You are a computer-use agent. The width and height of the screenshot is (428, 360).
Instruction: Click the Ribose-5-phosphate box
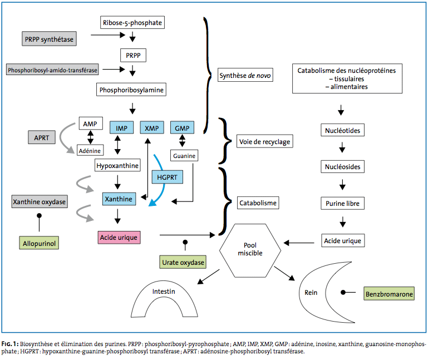tap(132, 22)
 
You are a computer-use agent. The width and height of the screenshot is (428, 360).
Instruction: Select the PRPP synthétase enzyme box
tap(49, 39)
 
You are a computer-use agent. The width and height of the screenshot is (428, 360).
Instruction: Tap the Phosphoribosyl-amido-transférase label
tap(52, 70)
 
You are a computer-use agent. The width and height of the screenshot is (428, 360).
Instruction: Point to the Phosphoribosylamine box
tap(131, 90)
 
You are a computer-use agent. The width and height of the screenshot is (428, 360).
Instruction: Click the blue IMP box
tap(121, 128)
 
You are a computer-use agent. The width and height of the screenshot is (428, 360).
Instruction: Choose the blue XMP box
tap(152, 128)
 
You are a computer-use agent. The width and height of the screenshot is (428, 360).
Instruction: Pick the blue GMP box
tap(182, 128)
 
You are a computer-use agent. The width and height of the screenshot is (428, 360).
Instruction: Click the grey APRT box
tap(42, 137)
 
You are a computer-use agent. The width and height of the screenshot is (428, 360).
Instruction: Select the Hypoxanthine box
tap(117, 165)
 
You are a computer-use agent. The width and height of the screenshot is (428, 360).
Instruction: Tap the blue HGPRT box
tap(167, 177)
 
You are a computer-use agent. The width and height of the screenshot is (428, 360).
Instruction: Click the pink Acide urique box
tap(119, 238)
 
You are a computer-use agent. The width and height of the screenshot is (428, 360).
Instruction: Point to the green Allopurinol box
tap(39, 243)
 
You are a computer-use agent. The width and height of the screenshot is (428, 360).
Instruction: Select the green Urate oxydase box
tap(183, 262)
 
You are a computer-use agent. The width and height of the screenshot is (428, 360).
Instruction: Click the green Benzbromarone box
tap(389, 294)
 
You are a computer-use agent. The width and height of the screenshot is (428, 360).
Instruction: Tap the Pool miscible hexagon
tap(250, 250)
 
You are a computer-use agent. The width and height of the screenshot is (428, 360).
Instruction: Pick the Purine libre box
tap(342, 203)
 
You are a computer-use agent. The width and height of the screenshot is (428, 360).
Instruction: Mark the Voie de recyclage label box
tap(264, 141)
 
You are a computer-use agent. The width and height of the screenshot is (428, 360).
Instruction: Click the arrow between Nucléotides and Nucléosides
tap(342, 147)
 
